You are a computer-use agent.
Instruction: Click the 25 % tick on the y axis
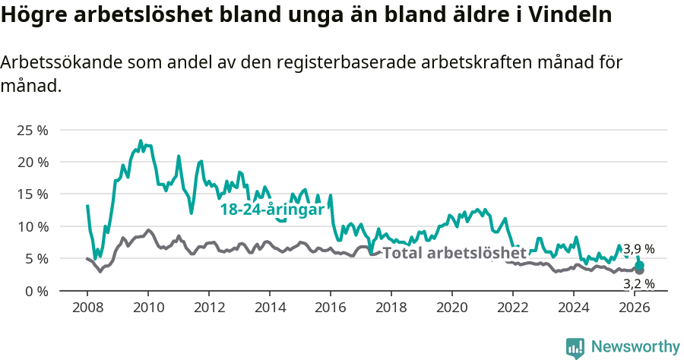[x=33, y=130]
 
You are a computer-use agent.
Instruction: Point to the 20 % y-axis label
[x=33, y=162]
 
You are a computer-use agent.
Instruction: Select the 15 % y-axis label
[x=33, y=194]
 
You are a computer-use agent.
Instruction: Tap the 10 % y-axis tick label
[x=33, y=226]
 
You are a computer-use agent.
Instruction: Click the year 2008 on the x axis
[x=87, y=307]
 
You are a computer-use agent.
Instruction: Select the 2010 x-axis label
[x=148, y=307]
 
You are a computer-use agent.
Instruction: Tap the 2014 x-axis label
[x=270, y=307]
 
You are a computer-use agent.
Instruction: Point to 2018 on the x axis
[x=391, y=307]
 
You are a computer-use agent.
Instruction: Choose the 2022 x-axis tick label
[x=513, y=307]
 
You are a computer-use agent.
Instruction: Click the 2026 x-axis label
[x=635, y=307]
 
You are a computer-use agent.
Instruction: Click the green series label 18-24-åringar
[x=272, y=210]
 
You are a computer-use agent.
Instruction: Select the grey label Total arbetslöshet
[x=454, y=253]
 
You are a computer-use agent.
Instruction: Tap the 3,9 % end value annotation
[x=638, y=249]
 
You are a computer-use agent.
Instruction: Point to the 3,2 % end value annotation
[x=638, y=284]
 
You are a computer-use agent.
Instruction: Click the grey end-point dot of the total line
[x=639, y=270]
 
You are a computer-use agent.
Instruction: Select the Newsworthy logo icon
[x=575, y=347]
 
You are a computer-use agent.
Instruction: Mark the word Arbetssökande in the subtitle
[x=57, y=63]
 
